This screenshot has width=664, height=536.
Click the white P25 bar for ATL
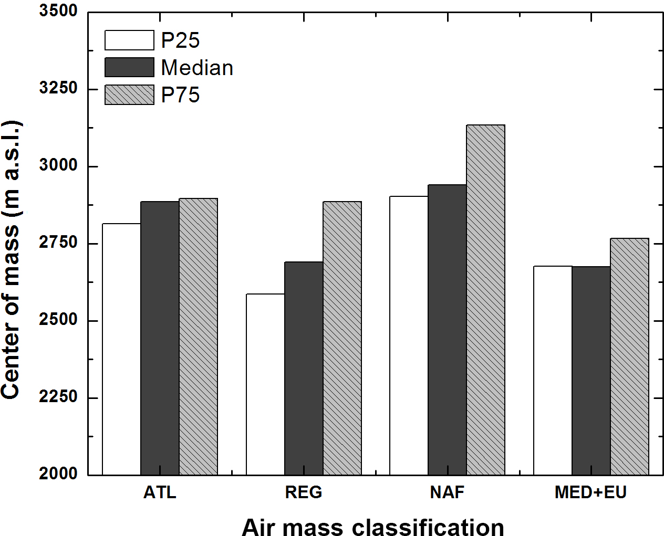coord(121,349)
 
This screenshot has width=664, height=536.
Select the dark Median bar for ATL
coord(160,338)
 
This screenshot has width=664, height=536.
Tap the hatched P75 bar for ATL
coord(198,337)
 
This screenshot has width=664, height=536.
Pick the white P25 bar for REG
coord(265,384)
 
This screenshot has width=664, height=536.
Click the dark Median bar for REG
coord(304,368)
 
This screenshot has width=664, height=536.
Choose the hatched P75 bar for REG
coord(342,338)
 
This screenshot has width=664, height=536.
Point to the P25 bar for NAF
coord(409,335)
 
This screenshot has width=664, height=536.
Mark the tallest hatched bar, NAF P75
coord(485,300)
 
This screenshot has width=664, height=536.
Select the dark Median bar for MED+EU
coord(591,371)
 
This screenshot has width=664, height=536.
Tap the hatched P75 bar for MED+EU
coord(629,356)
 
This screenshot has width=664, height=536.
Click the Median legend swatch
coord(129,68)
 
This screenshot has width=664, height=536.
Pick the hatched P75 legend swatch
coord(129,95)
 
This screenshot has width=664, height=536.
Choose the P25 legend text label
coord(180,40)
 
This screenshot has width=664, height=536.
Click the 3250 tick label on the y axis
coord(58,88)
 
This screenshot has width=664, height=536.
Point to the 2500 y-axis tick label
coord(58,320)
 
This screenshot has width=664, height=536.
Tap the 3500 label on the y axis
coord(58,11)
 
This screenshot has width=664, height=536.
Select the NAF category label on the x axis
coord(447,492)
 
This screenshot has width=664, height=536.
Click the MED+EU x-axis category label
coord(590,492)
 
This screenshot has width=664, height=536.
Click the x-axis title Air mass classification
coord(373,527)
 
